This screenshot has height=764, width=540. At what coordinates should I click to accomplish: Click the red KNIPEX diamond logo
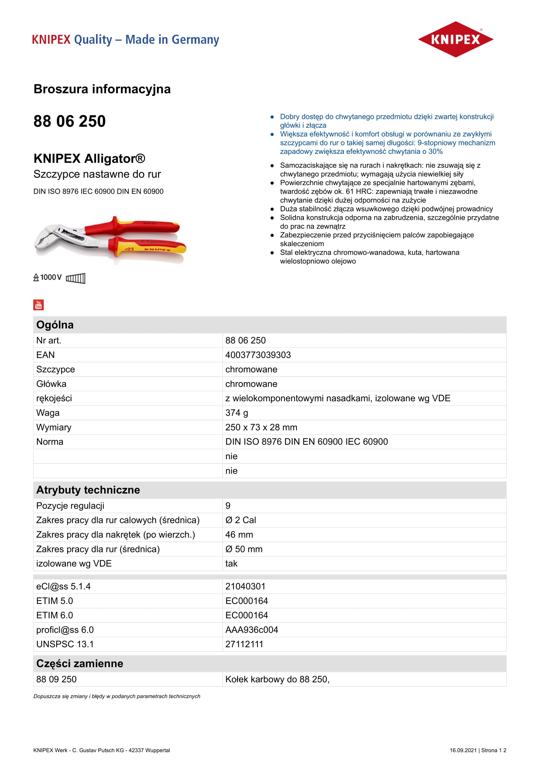(x=455, y=39)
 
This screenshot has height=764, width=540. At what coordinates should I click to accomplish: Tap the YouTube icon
(x=39, y=304)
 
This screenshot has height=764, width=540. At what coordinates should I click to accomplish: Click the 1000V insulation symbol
(x=48, y=277)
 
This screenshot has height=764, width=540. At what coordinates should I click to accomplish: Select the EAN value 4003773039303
(x=258, y=355)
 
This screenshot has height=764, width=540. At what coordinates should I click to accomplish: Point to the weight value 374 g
(x=236, y=413)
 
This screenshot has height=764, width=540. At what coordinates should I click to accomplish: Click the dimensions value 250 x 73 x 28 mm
(x=261, y=427)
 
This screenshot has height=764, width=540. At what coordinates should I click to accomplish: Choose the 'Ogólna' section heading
(x=55, y=325)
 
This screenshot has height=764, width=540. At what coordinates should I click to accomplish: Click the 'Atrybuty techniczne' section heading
(x=88, y=490)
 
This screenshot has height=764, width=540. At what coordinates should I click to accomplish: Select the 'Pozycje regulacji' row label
(x=70, y=505)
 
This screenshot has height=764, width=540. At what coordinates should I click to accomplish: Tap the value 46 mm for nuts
(x=239, y=534)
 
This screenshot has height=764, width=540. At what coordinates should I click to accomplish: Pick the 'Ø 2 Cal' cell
(x=240, y=520)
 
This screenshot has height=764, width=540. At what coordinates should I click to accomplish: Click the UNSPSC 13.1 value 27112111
(x=244, y=644)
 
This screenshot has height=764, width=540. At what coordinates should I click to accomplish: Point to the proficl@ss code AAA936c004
(x=251, y=629)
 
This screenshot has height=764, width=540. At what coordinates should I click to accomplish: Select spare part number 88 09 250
(x=56, y=679)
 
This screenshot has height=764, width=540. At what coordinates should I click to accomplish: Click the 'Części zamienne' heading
(x=79, y=663)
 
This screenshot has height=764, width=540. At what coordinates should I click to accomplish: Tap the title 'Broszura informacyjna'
(x=102, y=89)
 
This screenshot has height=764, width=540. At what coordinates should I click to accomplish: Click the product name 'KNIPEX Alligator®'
(x=89, y=158)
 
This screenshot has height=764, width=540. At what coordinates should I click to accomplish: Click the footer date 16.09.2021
(x=463, y=750)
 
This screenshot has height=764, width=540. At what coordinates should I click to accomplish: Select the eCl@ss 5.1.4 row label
(x=63, y=586)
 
